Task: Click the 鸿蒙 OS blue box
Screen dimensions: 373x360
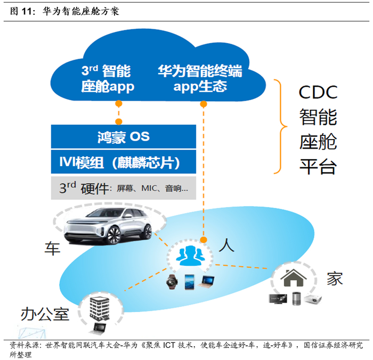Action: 123,137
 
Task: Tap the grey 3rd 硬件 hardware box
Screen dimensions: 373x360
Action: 123,187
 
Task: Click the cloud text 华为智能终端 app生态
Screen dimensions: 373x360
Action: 200,78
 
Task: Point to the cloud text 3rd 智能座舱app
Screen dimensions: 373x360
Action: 107,78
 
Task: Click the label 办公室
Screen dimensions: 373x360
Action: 45,314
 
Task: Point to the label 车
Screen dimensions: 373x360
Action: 52,248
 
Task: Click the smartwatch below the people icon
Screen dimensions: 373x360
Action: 172,282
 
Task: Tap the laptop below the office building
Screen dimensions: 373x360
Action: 100,328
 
